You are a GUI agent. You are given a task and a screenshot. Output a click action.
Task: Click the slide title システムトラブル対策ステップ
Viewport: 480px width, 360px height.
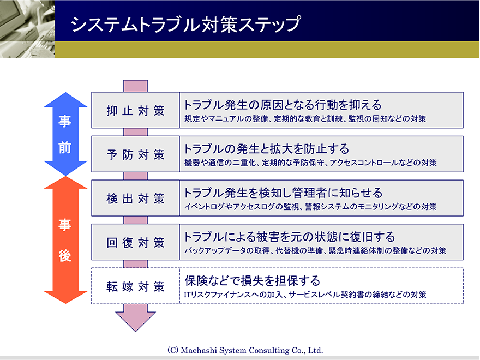point(185,24)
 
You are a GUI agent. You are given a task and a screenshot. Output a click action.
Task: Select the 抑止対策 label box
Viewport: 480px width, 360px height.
point(135,110)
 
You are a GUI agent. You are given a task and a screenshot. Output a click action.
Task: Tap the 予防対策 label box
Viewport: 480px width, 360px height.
point(135,154)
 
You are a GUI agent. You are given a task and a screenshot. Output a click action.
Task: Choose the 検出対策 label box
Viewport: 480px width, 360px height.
point(135,198)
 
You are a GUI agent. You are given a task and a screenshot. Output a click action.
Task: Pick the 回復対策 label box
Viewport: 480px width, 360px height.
point(135,242)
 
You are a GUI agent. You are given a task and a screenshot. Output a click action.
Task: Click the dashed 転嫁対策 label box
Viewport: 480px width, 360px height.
point(135,286)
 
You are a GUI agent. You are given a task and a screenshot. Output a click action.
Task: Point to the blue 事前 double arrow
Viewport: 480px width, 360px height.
point(65,134)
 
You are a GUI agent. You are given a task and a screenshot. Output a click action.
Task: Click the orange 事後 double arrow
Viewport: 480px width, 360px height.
point(65,240)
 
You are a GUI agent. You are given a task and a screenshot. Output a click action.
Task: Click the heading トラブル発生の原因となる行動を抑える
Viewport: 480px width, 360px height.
point(282,105)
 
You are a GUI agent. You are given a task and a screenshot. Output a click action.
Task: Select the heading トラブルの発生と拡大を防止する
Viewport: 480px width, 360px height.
point(266,149)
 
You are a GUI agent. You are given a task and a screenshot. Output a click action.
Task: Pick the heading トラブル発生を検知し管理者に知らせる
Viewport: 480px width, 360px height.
point(283,193)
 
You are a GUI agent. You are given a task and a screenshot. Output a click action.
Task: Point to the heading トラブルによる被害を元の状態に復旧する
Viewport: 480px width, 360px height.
point(289,237)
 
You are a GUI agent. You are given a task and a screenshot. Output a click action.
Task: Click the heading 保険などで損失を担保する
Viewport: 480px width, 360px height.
point(252,281)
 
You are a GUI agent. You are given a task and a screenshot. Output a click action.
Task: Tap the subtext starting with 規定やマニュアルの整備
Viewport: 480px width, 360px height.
point(305,119)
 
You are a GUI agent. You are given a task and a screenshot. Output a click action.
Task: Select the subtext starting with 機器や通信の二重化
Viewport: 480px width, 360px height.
point(310,163)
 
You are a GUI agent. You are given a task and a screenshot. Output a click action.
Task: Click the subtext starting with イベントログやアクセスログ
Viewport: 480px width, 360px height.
point(310,207)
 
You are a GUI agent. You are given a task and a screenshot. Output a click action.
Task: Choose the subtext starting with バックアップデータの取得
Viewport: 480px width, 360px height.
point(315,251)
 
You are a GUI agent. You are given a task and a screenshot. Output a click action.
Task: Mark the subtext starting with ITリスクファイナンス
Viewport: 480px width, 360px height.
point(305,295)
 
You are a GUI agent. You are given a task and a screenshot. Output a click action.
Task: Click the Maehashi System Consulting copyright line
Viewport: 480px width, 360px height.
point(245,350)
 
